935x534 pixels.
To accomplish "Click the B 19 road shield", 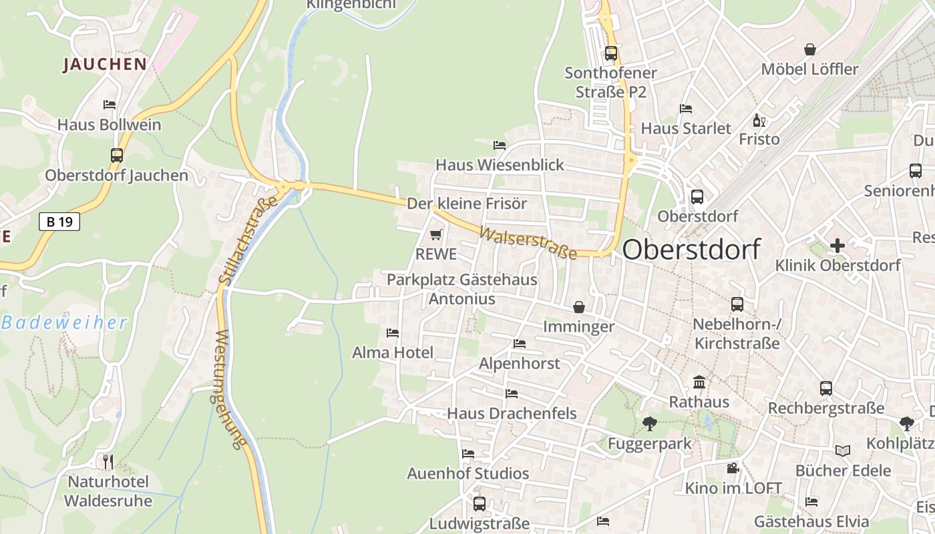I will (59, 222).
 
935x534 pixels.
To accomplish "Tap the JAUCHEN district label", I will (105, 64).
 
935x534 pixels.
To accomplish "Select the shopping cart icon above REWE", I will (436, 234).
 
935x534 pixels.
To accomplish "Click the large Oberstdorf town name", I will (691, 250).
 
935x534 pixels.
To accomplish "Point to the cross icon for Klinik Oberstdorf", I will (837, 246).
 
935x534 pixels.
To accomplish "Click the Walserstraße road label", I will (528, 243).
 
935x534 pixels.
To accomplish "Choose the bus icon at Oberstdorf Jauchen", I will (117, 156).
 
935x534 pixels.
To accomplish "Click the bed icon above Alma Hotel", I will (393, 332).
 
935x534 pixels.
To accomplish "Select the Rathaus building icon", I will (699, 382).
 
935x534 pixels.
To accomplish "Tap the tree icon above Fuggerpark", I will (649, 423).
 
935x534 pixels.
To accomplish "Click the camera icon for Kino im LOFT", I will (733, 468).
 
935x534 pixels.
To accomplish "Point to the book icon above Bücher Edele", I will (843, 451).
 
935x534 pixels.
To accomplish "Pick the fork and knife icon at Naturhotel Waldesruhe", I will (108, 461).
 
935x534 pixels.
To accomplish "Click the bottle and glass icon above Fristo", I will (759, 120).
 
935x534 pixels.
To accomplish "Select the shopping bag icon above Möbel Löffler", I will (810, 49).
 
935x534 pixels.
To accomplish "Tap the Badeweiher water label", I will (64, 323).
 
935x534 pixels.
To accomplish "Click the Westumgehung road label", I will (231, 390).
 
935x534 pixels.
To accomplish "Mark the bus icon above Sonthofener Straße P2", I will (611, 53).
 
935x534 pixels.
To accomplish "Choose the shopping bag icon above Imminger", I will (578, 307).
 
